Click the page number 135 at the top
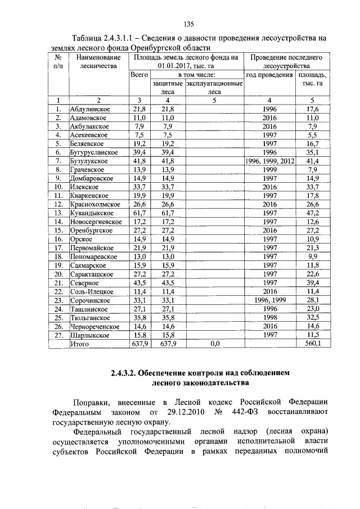[x=189, y=24]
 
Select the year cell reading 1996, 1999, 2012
[x=269, y=161]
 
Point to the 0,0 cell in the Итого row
[x=214, y=343]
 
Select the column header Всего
[x=139, y=74]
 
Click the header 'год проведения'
[x=269, y=74]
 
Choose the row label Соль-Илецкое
[x=92, y=291]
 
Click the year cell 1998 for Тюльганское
[x=269, y=317]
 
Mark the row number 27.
[x=58, y=335]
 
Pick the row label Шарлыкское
[x=90, y=335]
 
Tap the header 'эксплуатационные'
[x=214, y=83]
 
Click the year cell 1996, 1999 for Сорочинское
[x=269, y=300]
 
